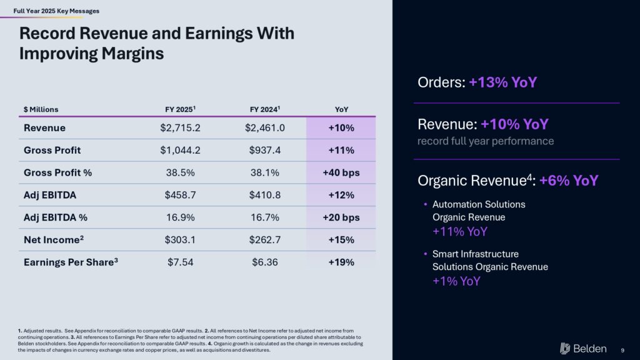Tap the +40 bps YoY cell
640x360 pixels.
click(341, 172)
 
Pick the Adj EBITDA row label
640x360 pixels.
click(49, 195)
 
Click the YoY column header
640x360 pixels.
click(341, 109)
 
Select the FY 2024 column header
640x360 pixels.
click(264, 109)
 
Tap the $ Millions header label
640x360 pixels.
click(41, 109)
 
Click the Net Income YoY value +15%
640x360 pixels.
click(341, 240)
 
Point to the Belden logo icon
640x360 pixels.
click(566, 348)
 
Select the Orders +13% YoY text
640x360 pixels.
click(477, 82)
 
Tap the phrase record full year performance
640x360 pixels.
click(486, 141)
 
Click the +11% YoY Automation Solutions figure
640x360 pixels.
click(460, 232)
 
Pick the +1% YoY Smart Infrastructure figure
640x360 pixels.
click(456, 281)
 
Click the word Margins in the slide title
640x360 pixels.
click(127, 54)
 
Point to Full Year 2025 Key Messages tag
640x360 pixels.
click(56, 11)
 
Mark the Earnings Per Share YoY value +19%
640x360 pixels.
click(341, 262)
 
